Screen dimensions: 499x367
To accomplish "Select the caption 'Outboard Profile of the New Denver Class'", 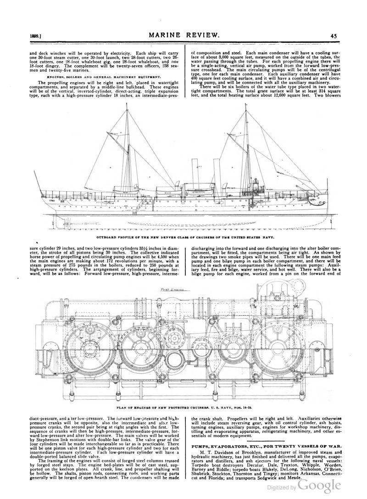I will (185, 238).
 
